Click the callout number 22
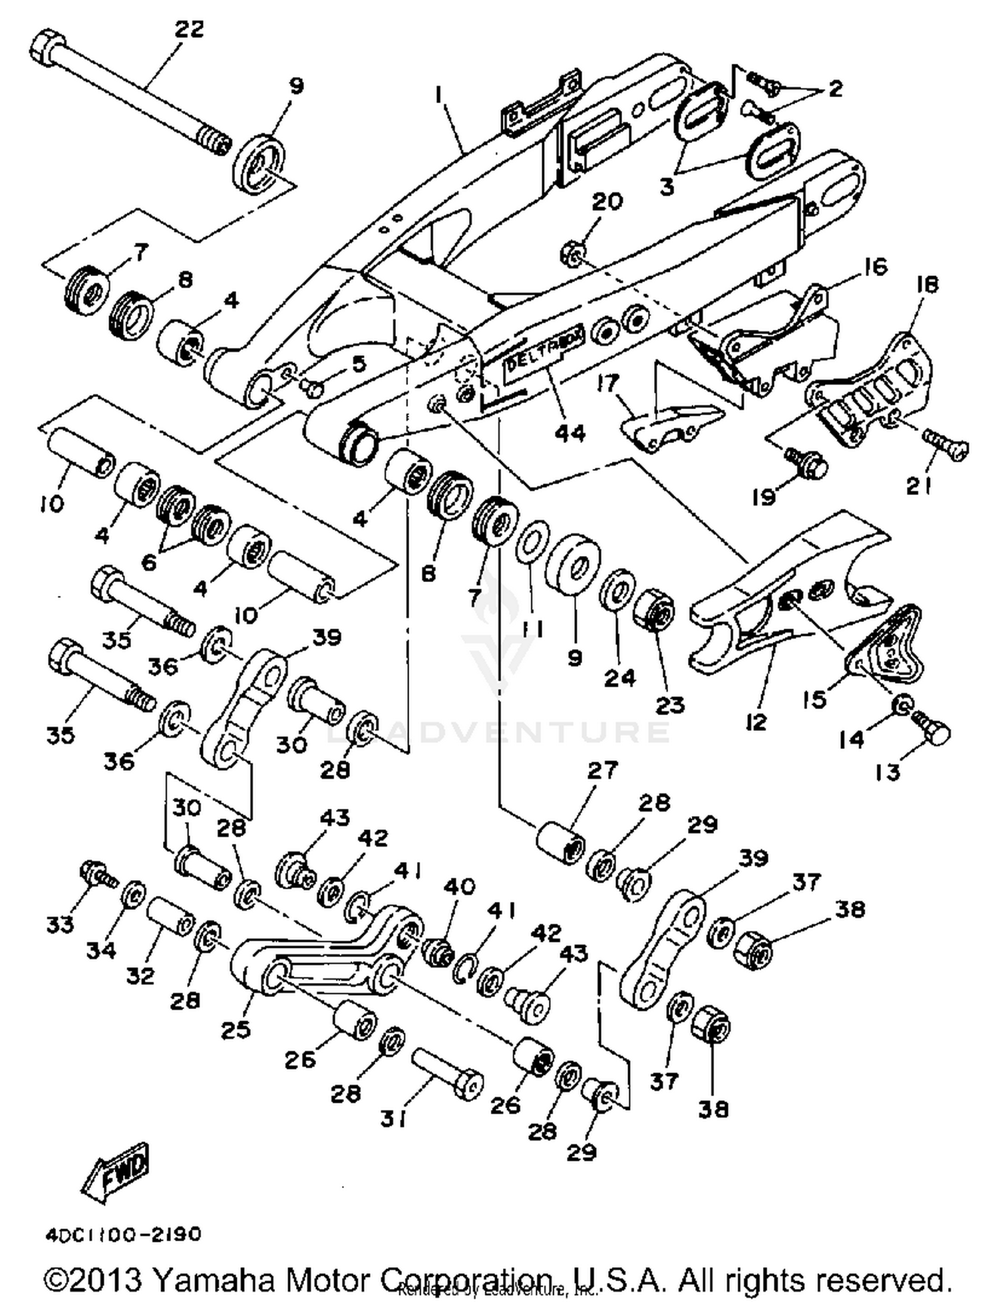click(x=189, y=29)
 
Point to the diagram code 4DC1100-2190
click(x=123, y=1235)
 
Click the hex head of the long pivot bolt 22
click(x=45, y=49)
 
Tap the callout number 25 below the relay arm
click(x=236, y=1030)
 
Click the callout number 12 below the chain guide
click(x=756, y=722)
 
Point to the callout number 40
click(x=460, y=887)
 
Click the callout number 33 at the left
click(x=60, y=925)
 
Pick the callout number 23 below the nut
click(x=669, y=705)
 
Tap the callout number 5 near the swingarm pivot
click(x=359, y=364)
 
